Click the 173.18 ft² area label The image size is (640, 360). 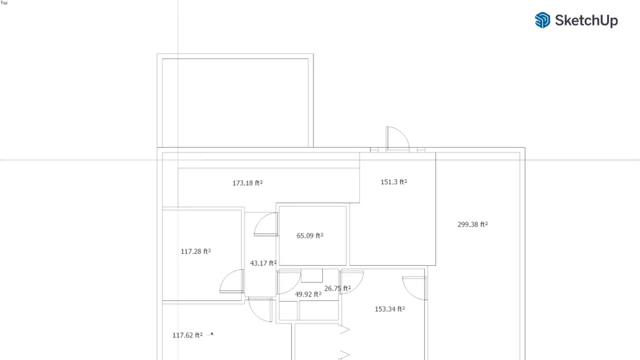point(248,184)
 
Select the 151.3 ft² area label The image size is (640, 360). point(394,182)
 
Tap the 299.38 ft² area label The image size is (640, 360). point(473,224)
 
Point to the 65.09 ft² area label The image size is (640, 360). point(309,236)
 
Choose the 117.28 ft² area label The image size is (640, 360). point(196,252)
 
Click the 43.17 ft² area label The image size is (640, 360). point(263,263)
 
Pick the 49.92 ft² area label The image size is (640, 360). point(308,295)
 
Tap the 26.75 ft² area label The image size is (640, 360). point(338,288)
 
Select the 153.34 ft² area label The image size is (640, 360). point(390,309)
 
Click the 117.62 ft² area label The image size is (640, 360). point(187,335)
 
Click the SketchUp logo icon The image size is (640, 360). point(542,20)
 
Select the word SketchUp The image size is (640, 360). point(586,20)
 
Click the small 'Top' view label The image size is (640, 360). point(4,3)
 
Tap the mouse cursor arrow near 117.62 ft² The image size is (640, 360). point(211,334)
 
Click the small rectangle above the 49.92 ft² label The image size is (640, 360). point(312,276)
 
